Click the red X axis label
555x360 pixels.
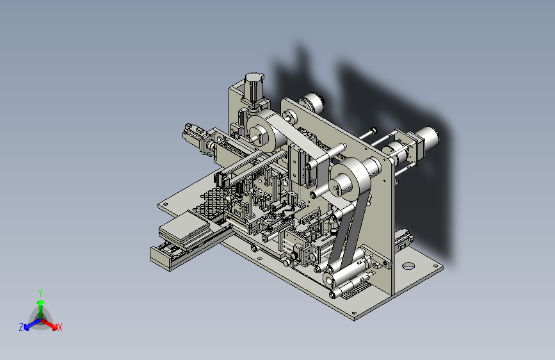pos(60,328)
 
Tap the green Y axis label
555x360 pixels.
pos(40,293)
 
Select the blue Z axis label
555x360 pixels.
pos(21,327)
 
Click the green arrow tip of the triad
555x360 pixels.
pos(41,302)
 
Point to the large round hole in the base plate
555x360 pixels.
pos(408,265)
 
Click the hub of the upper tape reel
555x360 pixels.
pos(260,136)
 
